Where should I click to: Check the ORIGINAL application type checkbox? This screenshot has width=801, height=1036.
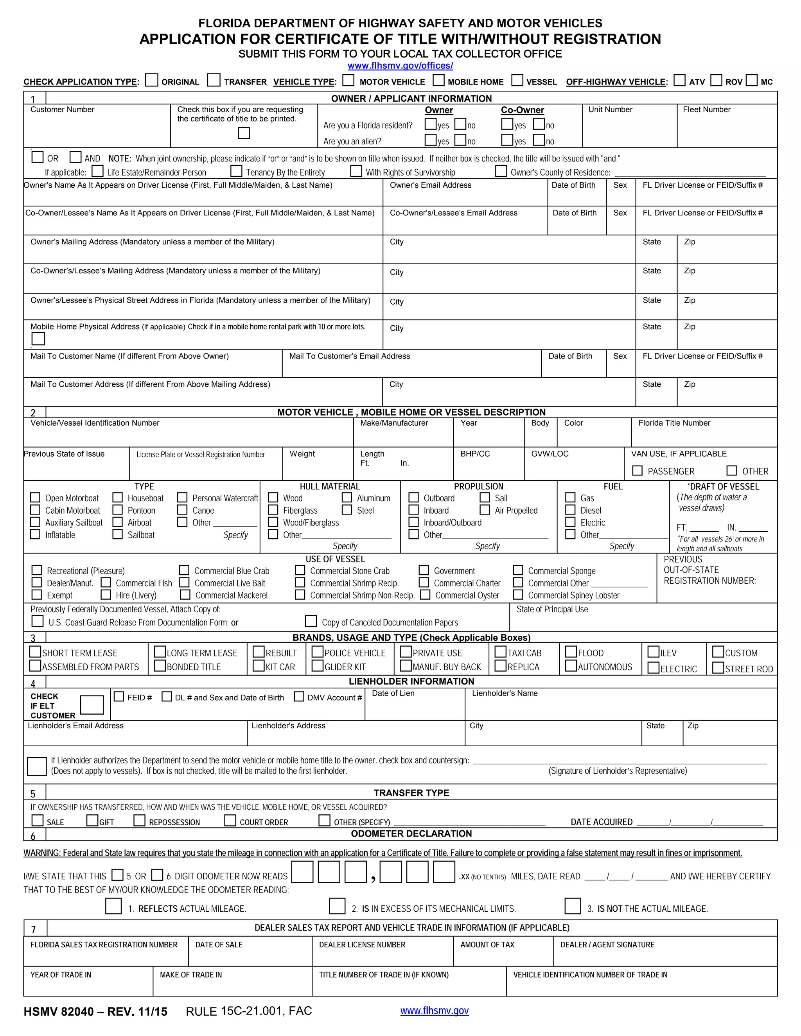coord(151,80)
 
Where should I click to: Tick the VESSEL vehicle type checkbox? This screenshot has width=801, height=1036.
coord(517,80)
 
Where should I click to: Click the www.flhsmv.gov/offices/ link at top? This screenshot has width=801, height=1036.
coord(400,65)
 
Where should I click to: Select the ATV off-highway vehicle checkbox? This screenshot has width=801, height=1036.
coord(679,80)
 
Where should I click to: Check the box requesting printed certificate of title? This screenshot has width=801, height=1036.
coord(243,133)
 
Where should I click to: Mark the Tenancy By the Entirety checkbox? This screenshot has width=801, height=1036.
coord(236,171)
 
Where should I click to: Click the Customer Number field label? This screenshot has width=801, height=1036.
coord(62,109)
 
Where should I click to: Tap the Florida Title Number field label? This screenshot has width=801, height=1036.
coord(674,423)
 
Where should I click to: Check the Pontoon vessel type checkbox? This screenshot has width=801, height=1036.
coord(117,510)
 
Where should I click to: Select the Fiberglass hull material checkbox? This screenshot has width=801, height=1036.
coord(273,510)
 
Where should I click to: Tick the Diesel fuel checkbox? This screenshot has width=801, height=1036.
coord(570,510)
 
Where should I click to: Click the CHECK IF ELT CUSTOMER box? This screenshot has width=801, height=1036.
coord(92,705)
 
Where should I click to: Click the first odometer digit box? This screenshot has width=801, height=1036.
coord(302,872)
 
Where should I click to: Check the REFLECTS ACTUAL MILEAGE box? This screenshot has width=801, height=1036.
coord(113,906)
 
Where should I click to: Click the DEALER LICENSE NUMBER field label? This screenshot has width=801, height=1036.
coord(362,945)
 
